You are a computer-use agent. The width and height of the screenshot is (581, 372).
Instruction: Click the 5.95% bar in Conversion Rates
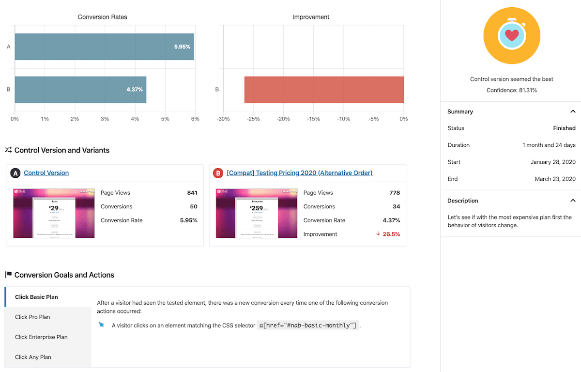coord(104,47)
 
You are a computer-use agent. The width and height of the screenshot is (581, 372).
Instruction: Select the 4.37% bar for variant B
coord(80,90)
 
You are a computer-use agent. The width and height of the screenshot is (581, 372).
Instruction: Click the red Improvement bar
coord(324,90)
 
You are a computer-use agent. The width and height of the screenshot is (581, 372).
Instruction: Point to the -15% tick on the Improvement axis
coord(313,119)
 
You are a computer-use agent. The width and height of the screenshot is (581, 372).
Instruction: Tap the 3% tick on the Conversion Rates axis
coord(105,119)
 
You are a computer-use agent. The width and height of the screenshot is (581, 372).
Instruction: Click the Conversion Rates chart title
coord(103,17)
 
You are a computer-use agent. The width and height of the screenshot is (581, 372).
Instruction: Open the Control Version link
coord(46,173)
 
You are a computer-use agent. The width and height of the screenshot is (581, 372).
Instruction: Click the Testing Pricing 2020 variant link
coord(299,173)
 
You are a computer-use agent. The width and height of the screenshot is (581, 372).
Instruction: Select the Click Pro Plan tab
coord(32,317)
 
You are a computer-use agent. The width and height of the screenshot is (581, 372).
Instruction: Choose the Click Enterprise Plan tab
coord(41,337)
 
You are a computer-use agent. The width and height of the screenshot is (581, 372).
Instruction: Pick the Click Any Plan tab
coord(33,357)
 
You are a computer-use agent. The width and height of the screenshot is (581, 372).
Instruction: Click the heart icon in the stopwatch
coord(512,35)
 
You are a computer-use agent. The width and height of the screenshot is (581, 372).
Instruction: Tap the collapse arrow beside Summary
coord(573,111)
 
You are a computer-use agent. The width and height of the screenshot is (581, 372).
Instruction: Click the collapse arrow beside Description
coord(573,201)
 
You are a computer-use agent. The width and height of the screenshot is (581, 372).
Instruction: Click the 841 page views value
coord(192,193)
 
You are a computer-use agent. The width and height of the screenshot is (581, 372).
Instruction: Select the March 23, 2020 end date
coord(555,179)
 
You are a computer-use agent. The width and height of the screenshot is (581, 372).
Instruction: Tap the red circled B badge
coord(218,173)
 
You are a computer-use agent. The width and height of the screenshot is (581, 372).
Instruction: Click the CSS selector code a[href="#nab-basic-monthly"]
coord(308,325)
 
